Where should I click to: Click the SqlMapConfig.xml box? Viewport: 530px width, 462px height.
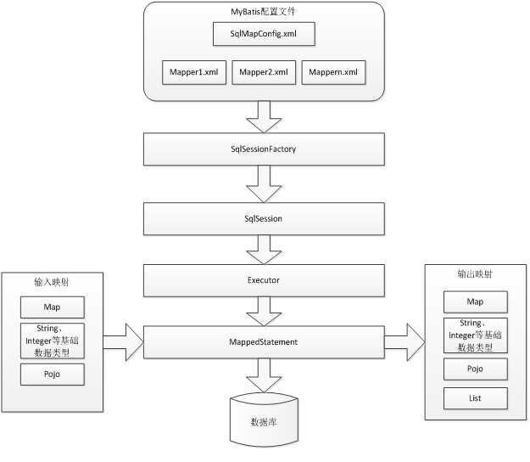pos(264,34)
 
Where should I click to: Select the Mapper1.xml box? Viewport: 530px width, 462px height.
pos(194,72)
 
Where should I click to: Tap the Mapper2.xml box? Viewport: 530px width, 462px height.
pos(264,72)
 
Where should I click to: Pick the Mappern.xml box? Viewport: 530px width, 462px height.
pos(333,72)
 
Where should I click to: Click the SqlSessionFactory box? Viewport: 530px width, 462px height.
pos(264,149)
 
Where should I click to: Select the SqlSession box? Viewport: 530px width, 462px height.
pos(264,218)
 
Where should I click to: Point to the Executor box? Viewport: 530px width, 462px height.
pos(264,280)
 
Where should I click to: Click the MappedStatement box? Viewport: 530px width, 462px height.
pos(264,342)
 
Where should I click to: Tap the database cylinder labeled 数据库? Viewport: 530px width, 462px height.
pos(264,420)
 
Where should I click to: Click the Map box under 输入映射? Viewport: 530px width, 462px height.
pos(53,307)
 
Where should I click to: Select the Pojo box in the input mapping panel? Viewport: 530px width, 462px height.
pos(53,375)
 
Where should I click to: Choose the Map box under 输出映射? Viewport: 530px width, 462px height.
pos(476,301)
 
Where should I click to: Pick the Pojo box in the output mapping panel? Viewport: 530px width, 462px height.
pos(476,369)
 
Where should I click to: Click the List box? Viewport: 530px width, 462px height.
pos(476,398)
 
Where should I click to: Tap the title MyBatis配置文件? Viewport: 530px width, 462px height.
pos(263,12)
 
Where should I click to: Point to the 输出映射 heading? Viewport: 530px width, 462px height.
pos(475,273)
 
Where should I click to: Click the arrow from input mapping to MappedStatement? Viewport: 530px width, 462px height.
pos(123,342)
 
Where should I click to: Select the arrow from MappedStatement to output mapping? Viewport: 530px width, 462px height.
pos(404,342)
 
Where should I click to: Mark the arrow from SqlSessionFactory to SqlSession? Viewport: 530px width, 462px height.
pos(264,183)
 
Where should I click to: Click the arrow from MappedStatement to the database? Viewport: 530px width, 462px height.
pos(264,375)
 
